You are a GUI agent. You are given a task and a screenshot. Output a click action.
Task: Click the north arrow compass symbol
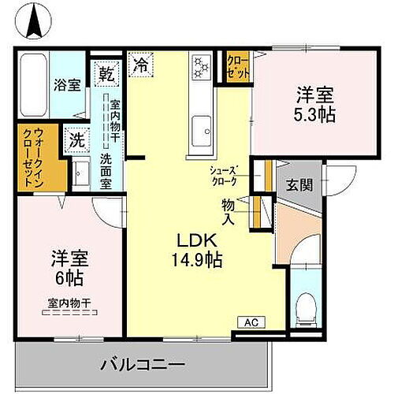pos(35,22)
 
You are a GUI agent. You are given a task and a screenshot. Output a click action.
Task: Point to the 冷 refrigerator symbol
pos(141,61)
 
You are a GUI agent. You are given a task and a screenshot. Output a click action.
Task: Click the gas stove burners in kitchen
pos(200,66)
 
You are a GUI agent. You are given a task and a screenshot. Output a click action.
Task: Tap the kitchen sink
pos(201,126)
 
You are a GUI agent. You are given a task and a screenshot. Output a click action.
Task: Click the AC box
pos(250,322)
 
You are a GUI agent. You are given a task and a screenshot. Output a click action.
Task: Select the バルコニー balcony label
pos(143,365)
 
